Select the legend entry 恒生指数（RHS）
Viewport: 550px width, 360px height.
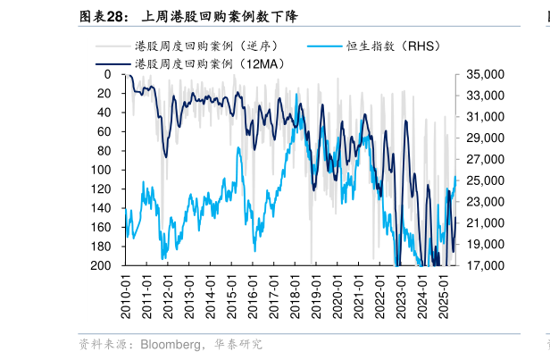click(393, 46)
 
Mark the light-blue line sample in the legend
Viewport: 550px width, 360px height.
click(324, 46)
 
